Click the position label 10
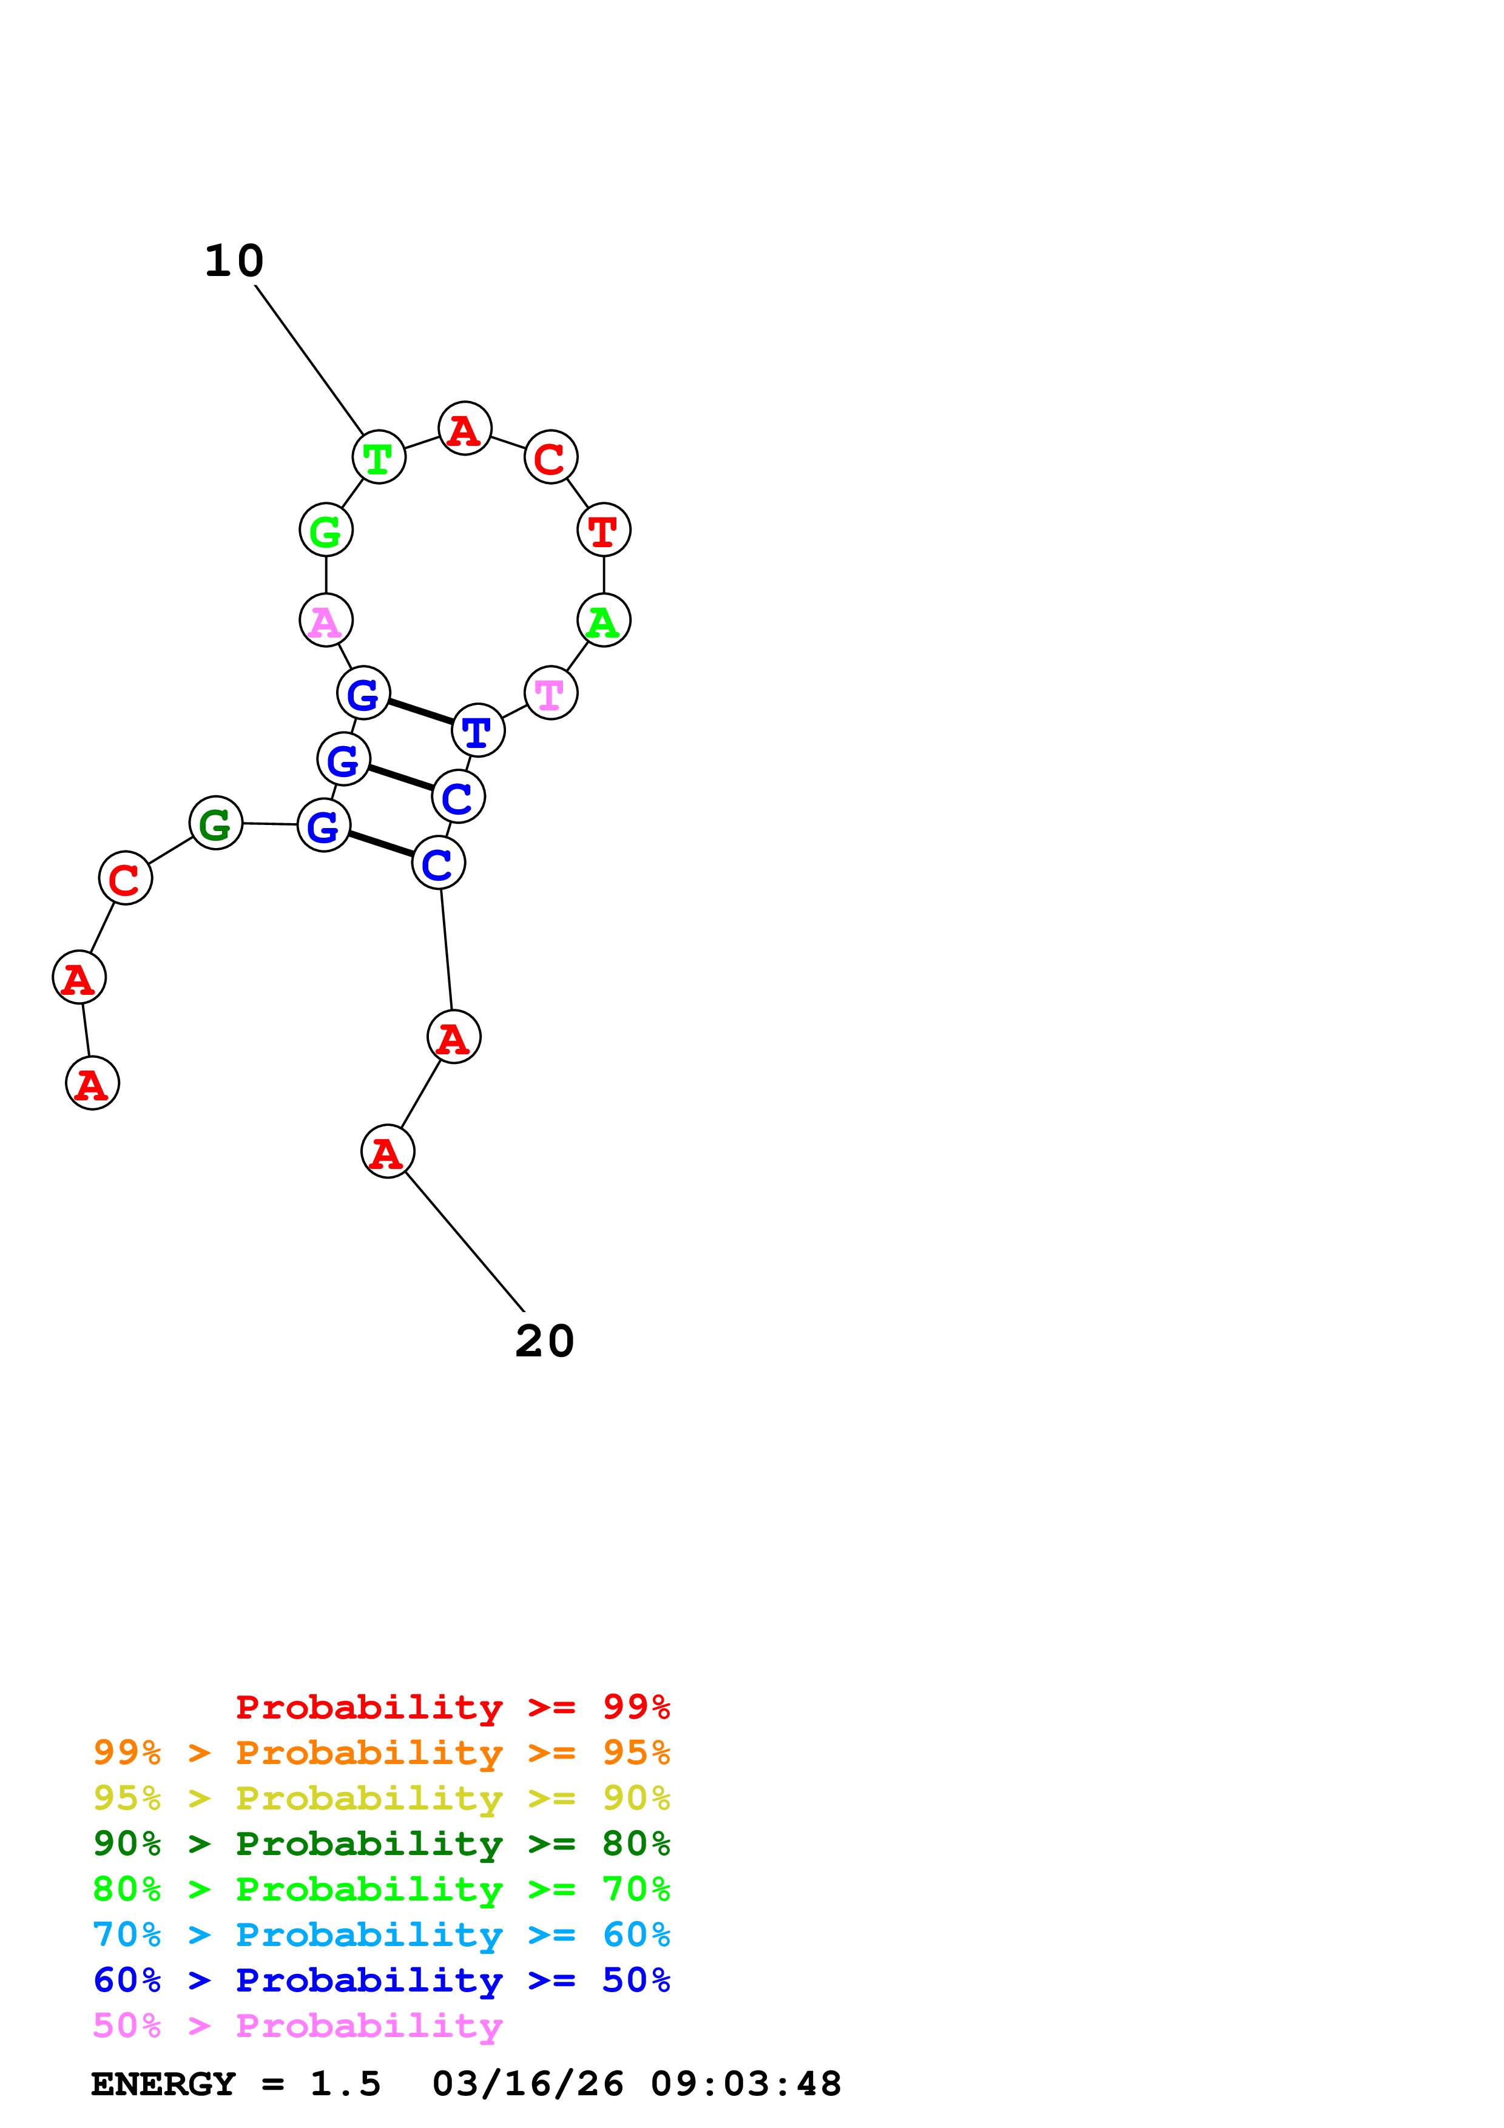(x=234, y=261)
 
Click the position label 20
(x=545, y=1341)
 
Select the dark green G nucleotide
(x=216, y=823)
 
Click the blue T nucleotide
(x=478, y=730)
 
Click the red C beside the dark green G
(x=125, y=878)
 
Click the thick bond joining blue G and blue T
(x=420, y=712)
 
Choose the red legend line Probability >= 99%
(x=452, y=1707)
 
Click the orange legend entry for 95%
(x=382, y=1753)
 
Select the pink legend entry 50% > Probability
(x=297, y=2026)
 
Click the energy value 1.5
(x=345, y=2084)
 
